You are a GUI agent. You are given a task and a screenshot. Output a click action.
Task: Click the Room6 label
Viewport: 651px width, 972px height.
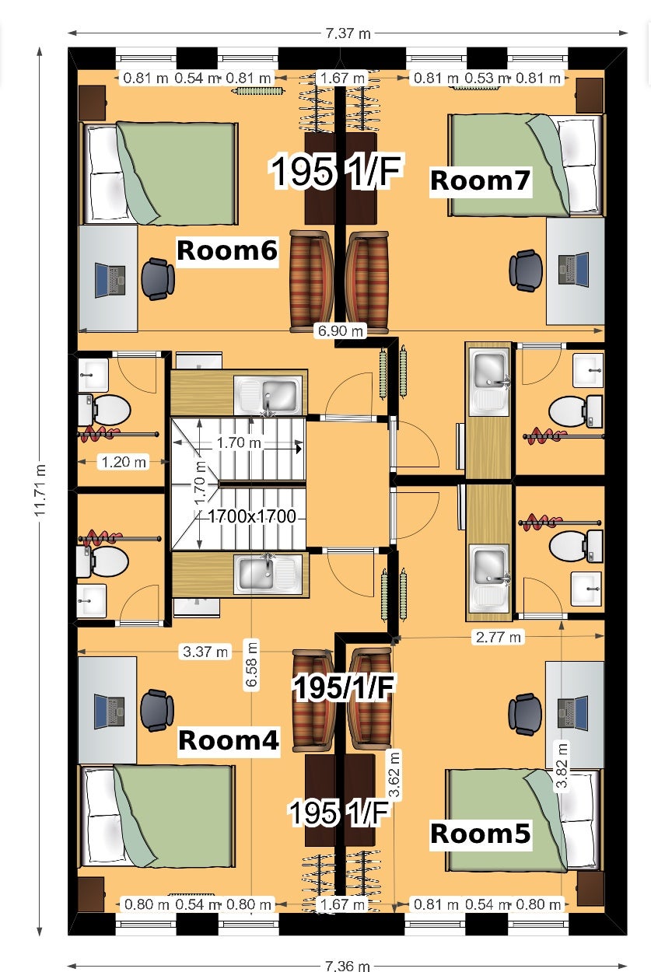(227, 250)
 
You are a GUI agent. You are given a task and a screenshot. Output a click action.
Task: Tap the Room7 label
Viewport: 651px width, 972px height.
(480, 180)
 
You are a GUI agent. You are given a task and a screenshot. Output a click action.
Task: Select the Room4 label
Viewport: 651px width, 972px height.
(228, 739)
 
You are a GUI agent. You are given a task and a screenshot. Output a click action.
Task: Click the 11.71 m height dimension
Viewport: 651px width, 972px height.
(40, 490)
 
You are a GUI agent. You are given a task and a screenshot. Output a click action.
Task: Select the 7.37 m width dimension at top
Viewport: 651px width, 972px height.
(348, 33)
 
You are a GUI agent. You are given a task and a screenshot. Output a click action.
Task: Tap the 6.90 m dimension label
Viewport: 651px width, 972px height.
(340, 330)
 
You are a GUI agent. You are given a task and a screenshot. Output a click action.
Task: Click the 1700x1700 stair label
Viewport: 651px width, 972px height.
(252, 516)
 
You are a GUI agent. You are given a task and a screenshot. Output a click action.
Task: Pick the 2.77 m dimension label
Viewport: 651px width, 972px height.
(498, 637)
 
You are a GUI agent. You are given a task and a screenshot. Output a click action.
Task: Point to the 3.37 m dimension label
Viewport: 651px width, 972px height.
(205, 652)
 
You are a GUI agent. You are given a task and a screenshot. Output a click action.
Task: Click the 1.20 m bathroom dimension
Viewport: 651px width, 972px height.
(124, 462)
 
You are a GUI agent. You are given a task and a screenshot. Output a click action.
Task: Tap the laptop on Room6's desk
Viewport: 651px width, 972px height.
(110, 280)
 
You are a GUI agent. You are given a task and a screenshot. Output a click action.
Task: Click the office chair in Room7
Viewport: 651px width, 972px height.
(526, 271)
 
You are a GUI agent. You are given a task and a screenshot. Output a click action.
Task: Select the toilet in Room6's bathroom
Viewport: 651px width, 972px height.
(104, 410)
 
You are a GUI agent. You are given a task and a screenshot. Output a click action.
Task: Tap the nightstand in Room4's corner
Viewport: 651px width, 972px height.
(91, 894)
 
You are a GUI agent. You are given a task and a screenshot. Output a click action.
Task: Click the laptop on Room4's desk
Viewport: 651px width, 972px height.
(109, 712)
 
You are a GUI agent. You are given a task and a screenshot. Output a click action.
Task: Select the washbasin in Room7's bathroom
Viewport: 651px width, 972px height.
(588, 370)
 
